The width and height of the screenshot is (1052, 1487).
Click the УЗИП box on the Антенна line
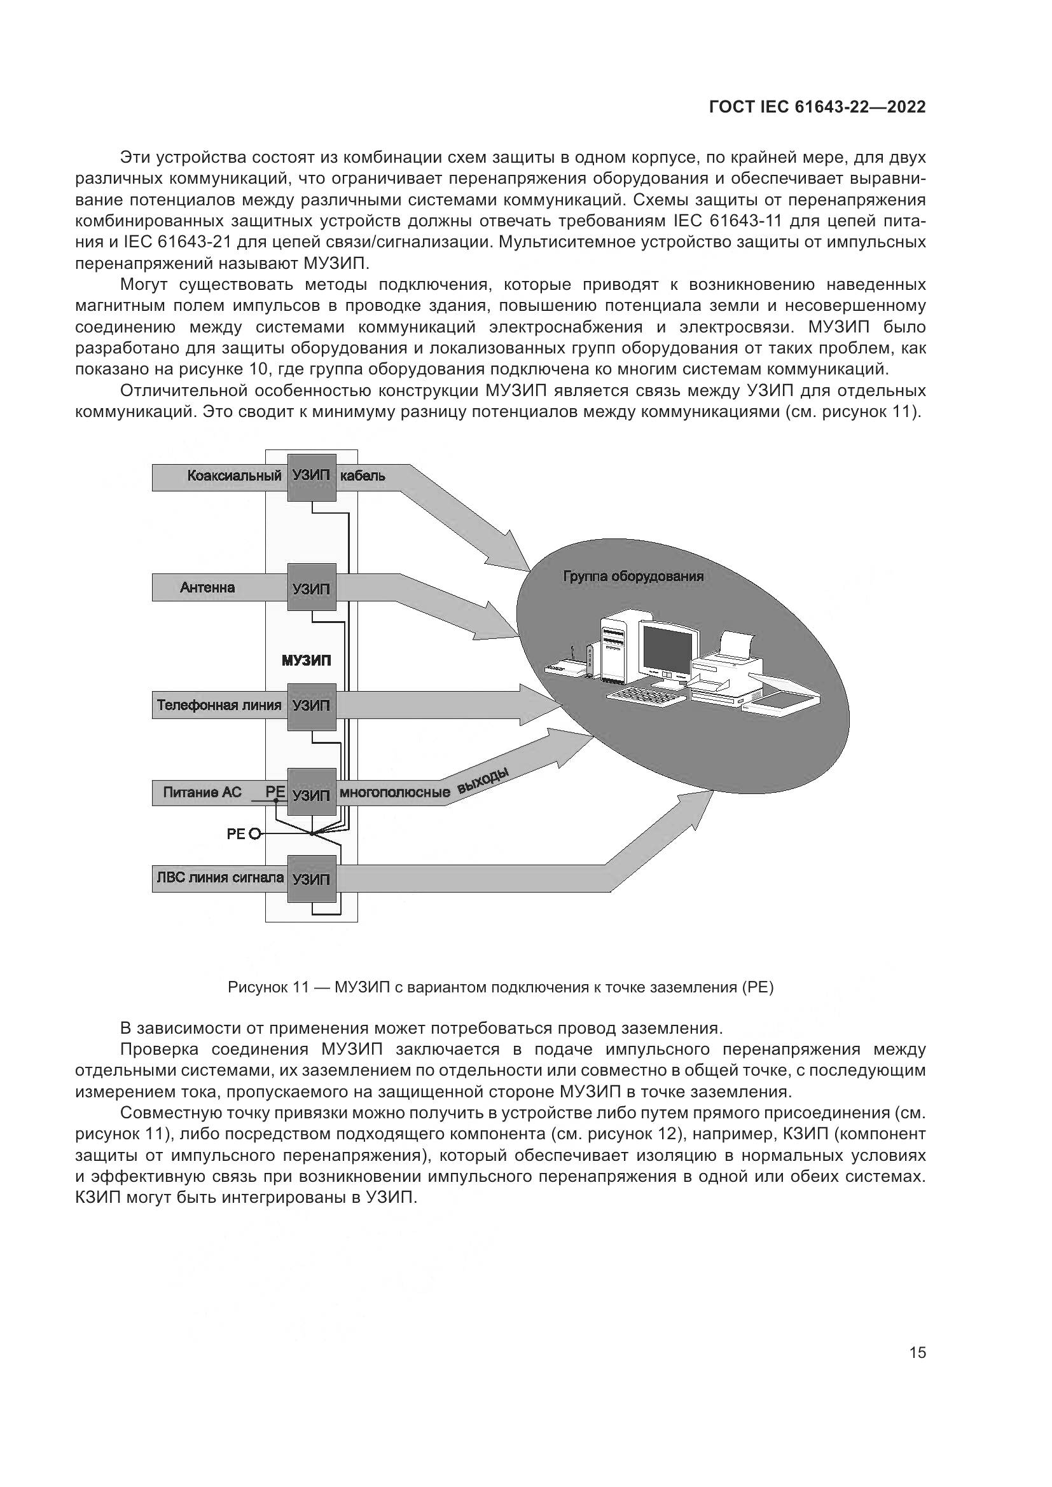click(312, 587)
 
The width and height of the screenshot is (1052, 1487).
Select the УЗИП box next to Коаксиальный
click(312, 476)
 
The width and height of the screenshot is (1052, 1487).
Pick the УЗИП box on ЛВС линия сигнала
click(312, 879)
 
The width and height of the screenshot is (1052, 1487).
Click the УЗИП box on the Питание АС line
click(312, 794)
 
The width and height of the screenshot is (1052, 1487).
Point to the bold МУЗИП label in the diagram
click(306, 661)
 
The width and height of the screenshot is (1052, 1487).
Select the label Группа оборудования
click(633, 577)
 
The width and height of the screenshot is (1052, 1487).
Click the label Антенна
click(207, 587)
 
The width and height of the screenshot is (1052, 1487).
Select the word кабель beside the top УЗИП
click(363, 476)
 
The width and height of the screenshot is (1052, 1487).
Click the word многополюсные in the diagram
click(395, 793)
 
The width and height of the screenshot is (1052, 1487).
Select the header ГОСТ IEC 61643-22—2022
click(817, 107)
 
